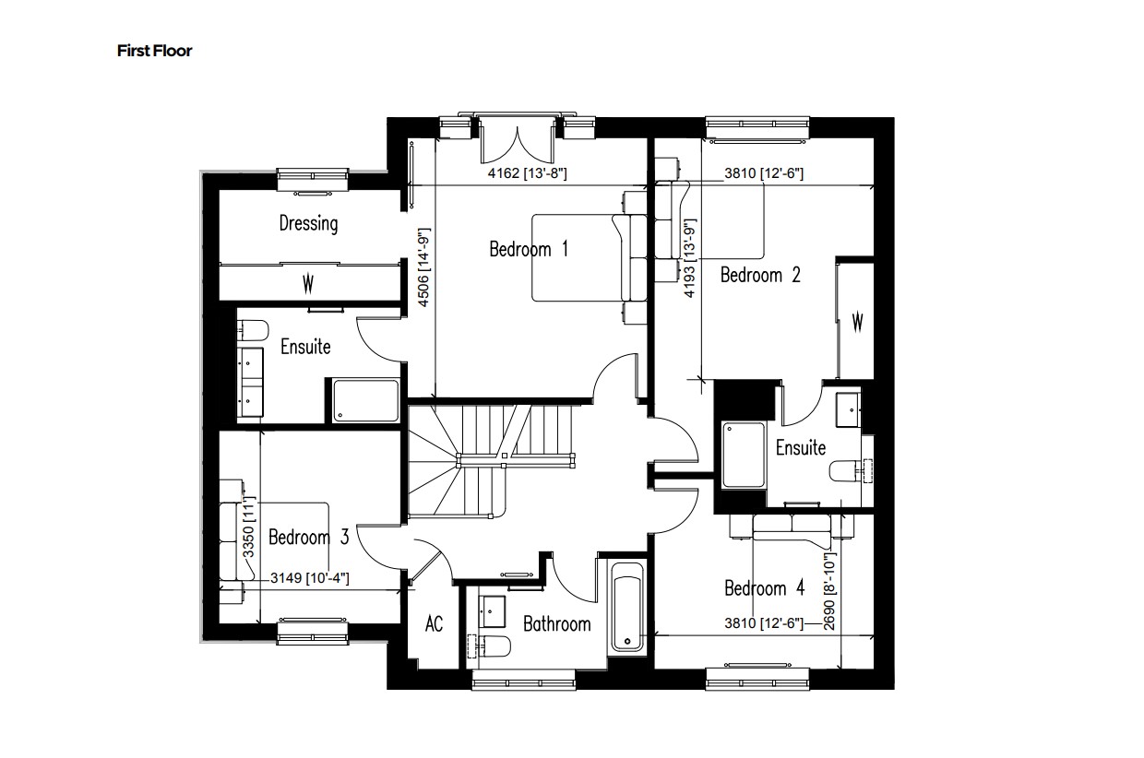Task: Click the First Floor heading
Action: [154, 51]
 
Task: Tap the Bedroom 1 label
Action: [528, 249]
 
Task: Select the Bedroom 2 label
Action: [759, 275]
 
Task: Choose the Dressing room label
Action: [308, 223]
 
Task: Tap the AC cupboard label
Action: [434, 624]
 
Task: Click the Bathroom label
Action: [556, 624]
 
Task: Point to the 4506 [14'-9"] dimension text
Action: [425, 273]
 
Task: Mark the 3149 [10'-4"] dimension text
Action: [309, 578]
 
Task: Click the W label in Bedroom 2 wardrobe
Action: [856, 322]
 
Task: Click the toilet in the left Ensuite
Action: [251, 331]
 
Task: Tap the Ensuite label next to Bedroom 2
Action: [800, 448]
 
